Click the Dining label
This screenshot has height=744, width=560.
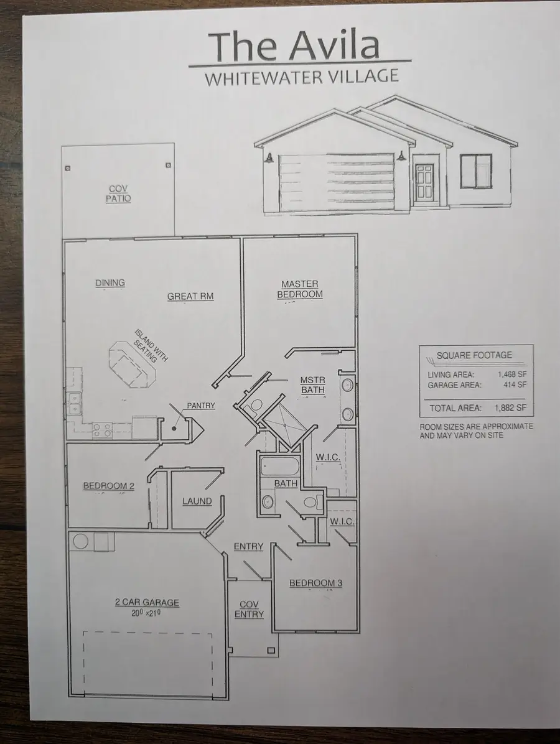pos(110,283)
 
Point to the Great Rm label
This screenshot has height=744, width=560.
pos(190,296)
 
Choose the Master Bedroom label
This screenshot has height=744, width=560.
pos(300,289)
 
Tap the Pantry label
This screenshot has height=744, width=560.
pos(201,406)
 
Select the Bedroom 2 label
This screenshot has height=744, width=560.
pos(109,486)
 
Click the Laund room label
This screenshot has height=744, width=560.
pos(197,501)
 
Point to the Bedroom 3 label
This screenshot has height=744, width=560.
pos(315,583)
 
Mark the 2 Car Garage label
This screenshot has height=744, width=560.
pos(147,602)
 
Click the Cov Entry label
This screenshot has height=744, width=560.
pos(249,609)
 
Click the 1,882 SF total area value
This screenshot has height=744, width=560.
pos(510,408)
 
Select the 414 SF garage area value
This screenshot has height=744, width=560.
pos(515,385)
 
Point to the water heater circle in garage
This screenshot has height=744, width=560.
pos(82,541)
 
